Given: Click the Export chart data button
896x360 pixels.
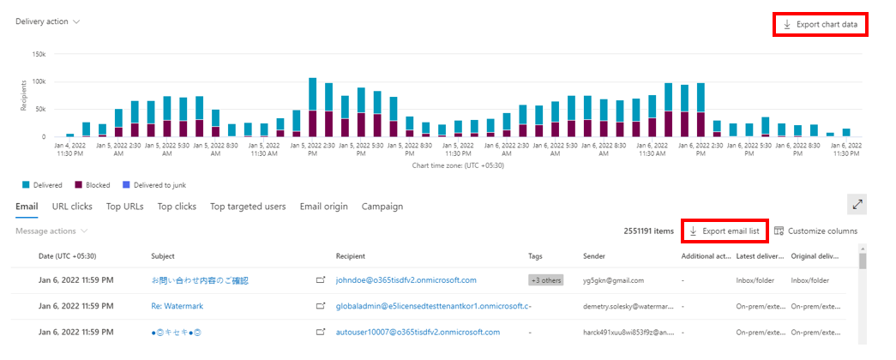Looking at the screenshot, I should [821, 24].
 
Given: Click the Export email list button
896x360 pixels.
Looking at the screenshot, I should [725, 231].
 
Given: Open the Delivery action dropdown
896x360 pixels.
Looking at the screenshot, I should [48, 21].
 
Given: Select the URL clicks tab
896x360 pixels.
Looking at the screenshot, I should [72, 206].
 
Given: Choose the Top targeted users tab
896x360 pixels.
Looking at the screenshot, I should [249, 206].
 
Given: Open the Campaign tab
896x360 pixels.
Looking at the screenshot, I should [382, 206].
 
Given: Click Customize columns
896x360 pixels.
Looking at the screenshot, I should [815, 231].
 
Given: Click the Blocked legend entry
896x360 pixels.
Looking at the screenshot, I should [93, 184].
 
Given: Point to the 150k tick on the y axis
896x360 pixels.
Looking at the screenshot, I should [39, 53].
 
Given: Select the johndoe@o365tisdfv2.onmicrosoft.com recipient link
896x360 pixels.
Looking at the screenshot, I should [406, 279].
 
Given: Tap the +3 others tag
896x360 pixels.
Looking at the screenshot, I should [545, 279].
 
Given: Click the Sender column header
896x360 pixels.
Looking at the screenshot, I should [594, 255].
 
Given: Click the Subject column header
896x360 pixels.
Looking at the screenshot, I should [163, 255].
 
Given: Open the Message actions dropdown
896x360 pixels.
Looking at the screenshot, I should [51, 231].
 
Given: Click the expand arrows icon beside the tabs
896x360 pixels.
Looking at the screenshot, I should [857, 204].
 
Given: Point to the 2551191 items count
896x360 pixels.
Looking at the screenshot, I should [648, 231].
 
